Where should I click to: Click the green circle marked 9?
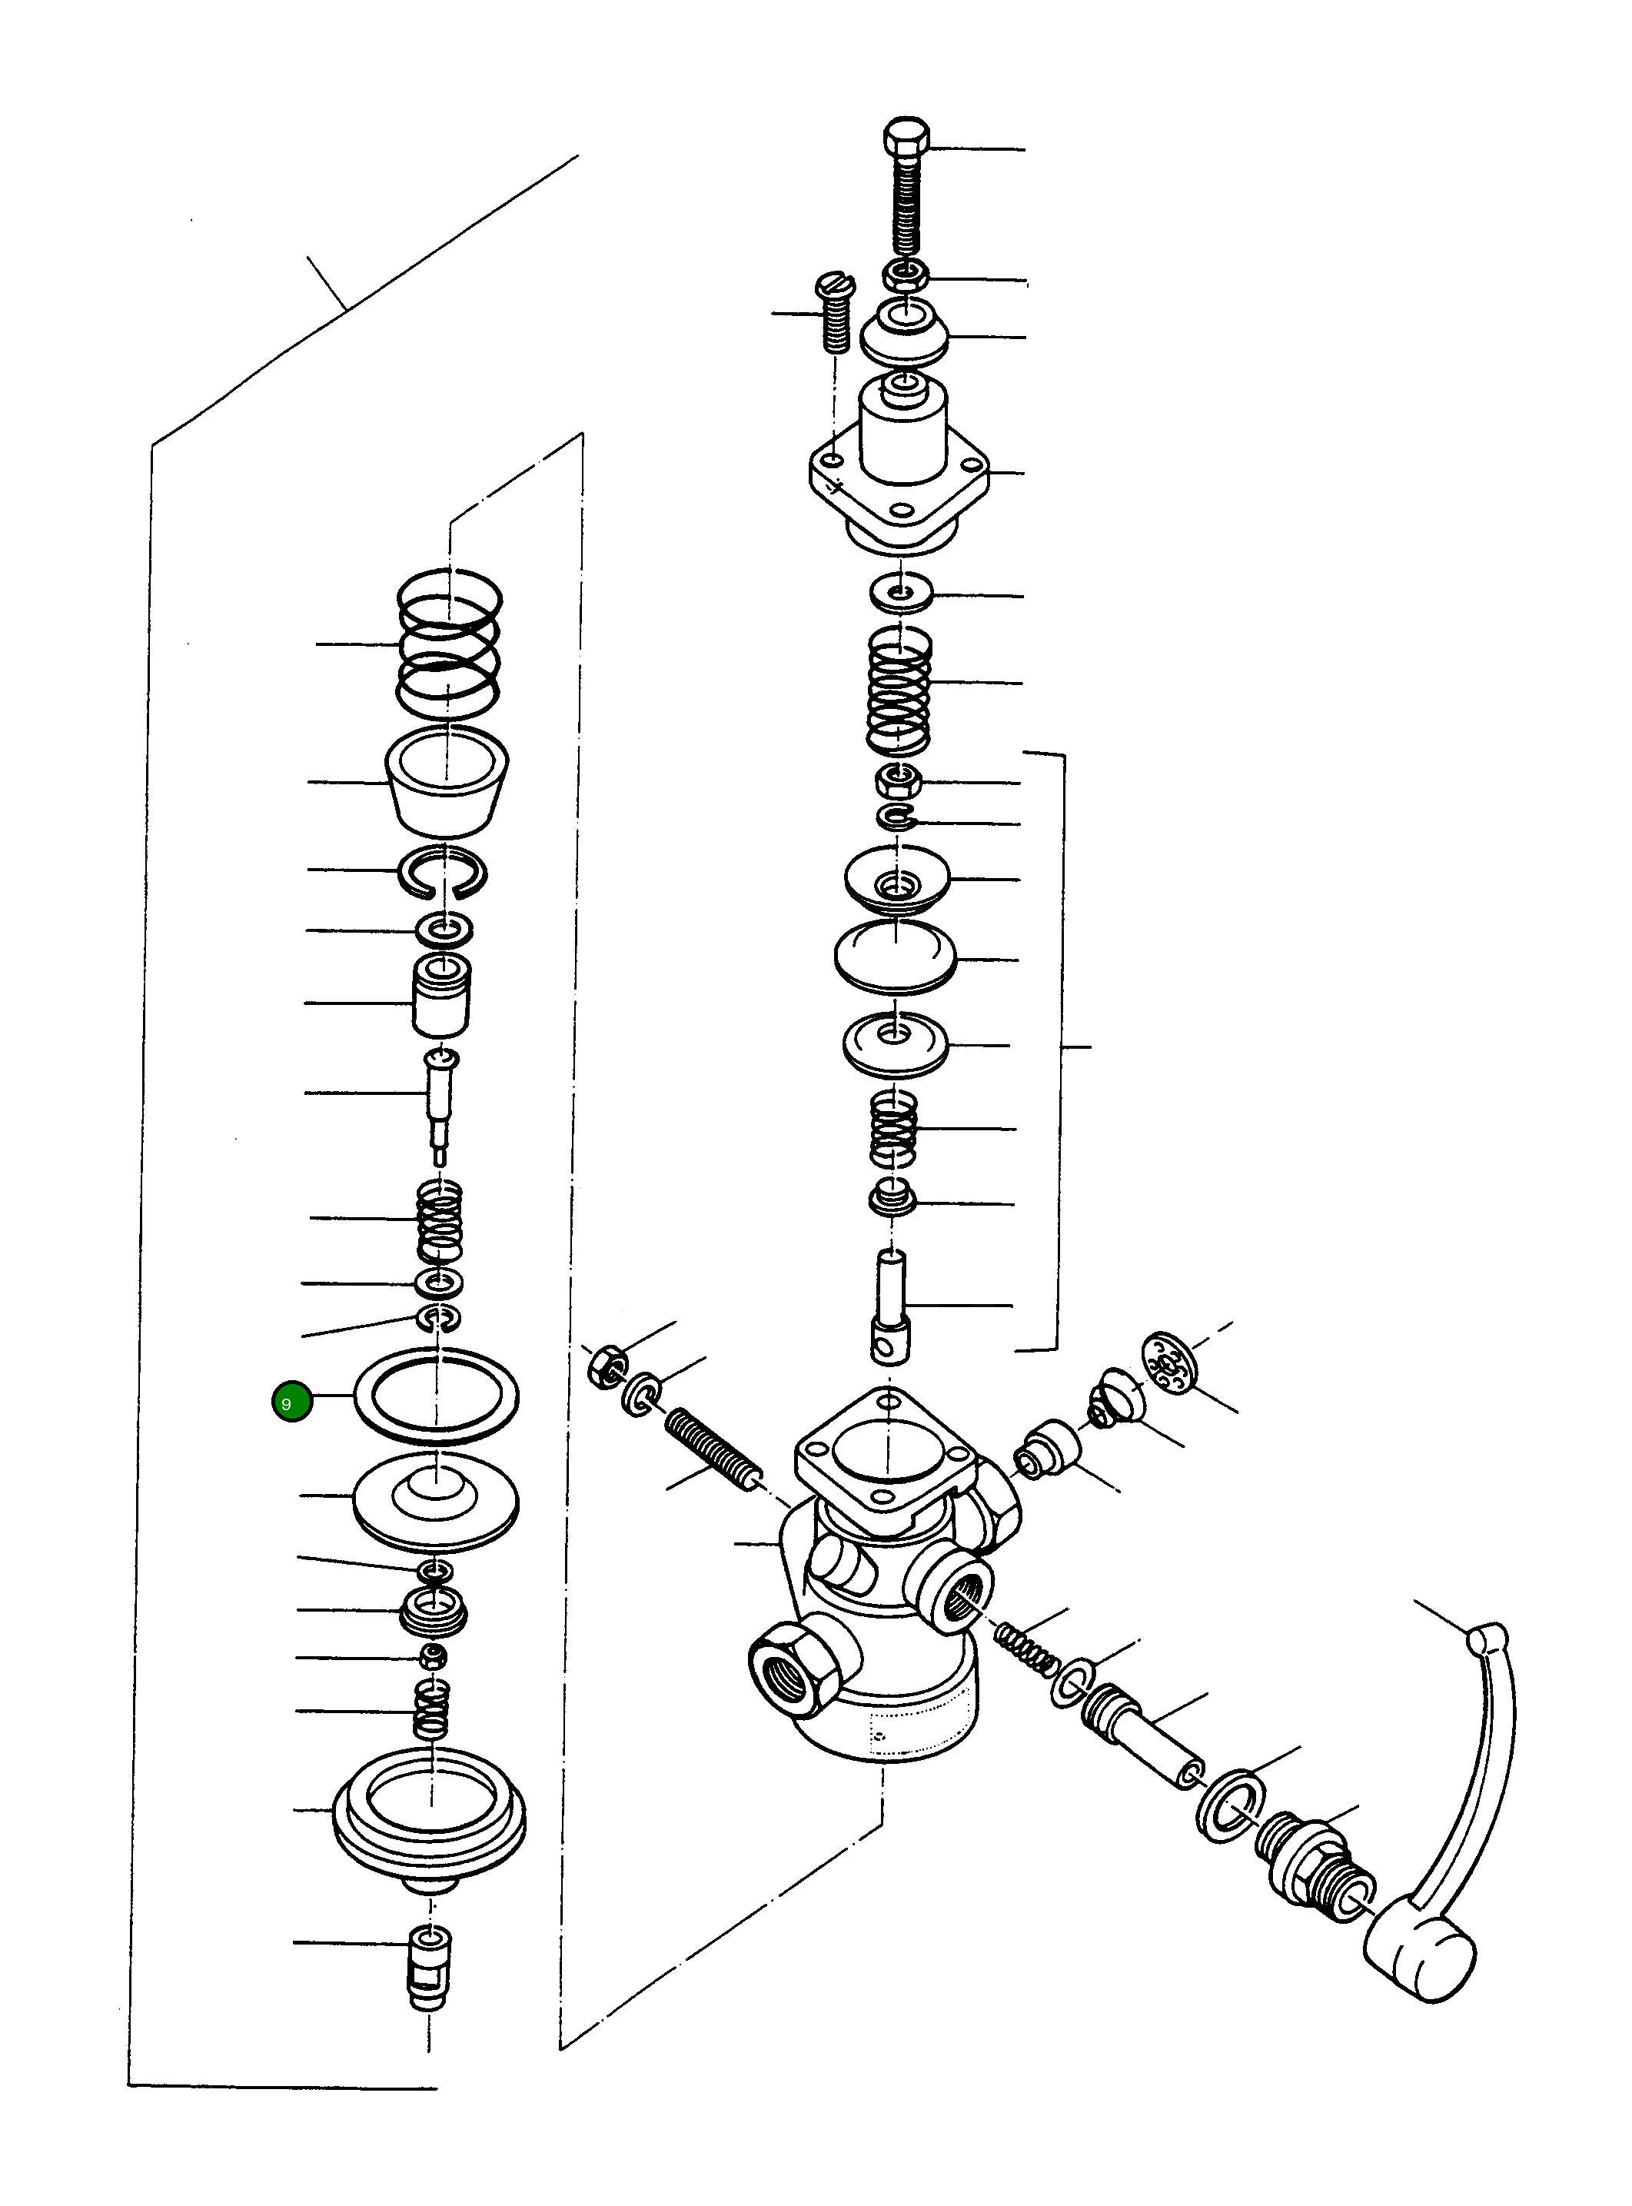[291, 1402]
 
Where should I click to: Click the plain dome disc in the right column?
[895, 955]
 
